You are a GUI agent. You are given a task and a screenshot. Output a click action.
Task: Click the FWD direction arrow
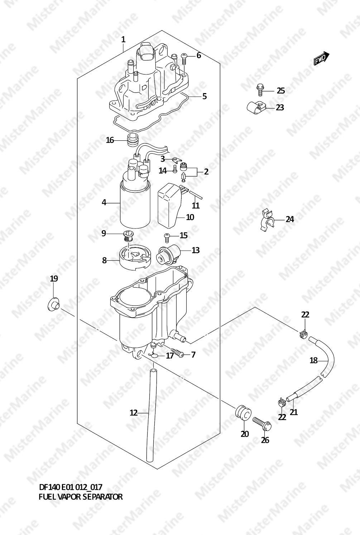[x=322, y=58]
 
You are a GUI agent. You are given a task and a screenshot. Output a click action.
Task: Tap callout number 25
[x=281, y=91]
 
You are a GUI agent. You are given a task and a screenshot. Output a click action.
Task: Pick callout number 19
[x=54, y=279]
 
